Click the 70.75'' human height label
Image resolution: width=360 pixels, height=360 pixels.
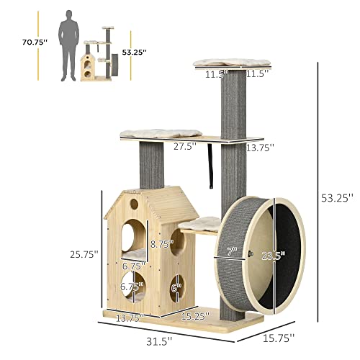(x=35, y=42)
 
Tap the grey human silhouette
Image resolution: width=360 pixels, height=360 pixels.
(x=69, y=45)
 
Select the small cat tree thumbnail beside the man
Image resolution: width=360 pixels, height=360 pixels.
(x=99, y=54)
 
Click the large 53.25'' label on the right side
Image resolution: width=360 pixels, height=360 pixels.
(x=337, y=198)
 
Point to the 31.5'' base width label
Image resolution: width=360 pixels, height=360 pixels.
(x=159, y=341)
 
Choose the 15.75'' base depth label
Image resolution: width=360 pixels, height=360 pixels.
(x=279, y=338)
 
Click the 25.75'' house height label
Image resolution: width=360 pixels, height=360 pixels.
(x=84, y=254)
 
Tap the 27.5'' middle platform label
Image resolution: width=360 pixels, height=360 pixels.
(x=185, y=146)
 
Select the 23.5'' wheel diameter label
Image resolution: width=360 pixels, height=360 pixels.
(x=273, y=256)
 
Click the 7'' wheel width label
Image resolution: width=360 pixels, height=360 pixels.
(x=232, y=251)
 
